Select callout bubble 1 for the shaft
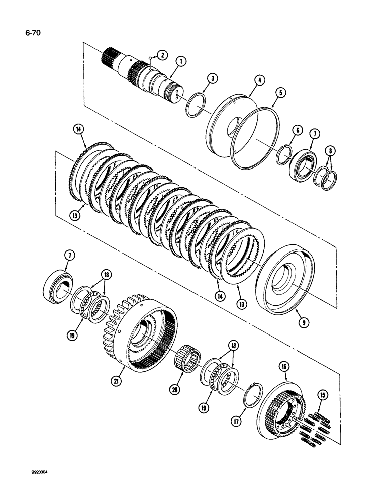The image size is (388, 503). point(181,62)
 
